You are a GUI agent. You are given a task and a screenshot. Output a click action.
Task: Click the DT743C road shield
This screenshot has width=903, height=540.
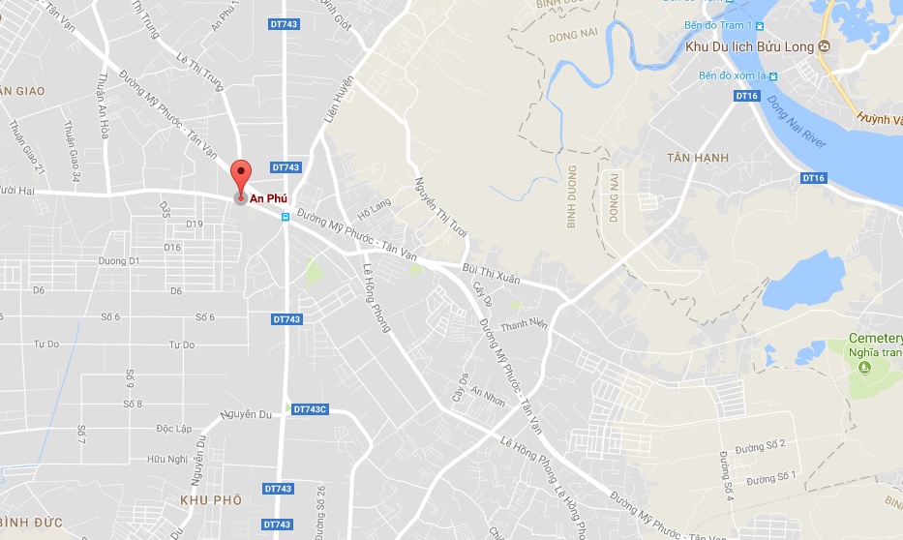310,409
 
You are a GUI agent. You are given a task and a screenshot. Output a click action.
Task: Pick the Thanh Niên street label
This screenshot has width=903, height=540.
524,324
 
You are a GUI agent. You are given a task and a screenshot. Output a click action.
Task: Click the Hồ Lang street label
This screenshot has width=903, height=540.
374,206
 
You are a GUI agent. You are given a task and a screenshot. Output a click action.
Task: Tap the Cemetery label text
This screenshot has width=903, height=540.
875,339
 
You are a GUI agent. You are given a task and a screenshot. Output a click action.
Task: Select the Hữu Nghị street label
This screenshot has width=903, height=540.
166,459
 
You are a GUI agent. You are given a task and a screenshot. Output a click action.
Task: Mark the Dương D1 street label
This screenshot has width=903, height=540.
120,260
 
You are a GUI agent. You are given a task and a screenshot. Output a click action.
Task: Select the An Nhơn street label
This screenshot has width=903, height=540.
489,396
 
